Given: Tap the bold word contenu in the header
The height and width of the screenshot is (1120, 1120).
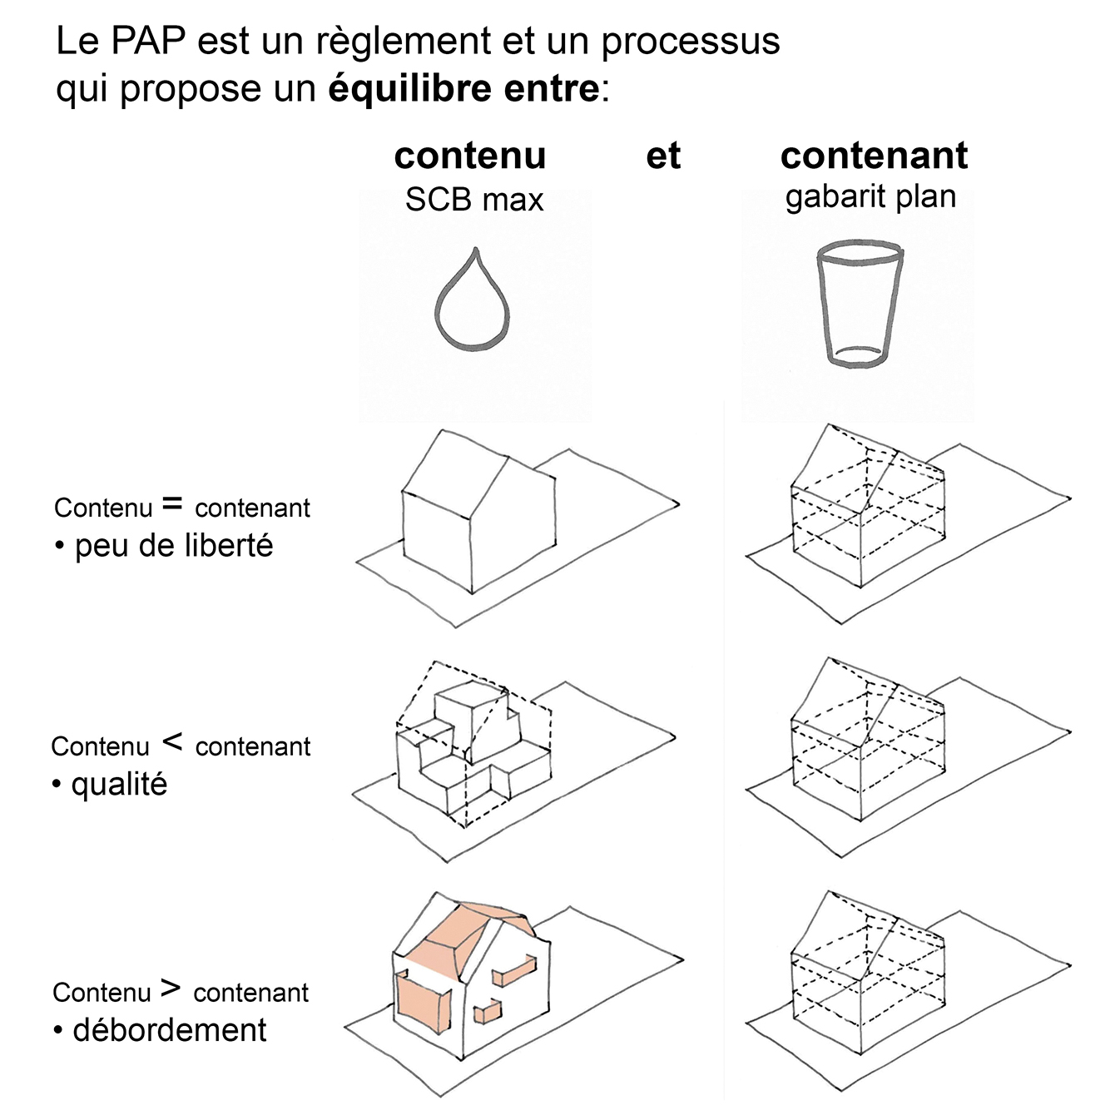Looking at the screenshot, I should pyautogui.click(x=470, y=156).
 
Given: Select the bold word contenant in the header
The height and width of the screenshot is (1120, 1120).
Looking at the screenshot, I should pyautogui.click(x=874, y=156).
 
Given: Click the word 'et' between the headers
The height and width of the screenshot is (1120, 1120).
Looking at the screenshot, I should pyautogui.click(x=663, y=156).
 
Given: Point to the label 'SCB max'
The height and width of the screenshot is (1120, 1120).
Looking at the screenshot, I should pyautogui.click(x=473, y=200).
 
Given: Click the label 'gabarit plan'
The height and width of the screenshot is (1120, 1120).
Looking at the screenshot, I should pyautogui.click(x=870, y=197).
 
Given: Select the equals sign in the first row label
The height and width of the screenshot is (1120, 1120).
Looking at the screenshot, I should pyautogui.click(x=172, y=503).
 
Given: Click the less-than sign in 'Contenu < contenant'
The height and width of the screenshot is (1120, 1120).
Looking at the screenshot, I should pyautogui.click(x=172, y=741).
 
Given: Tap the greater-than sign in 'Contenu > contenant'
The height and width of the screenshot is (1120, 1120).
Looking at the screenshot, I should pyautogui.click(x=171, y=988).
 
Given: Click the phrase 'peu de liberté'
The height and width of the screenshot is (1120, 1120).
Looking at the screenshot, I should pyautogui.click(x=174, y=546).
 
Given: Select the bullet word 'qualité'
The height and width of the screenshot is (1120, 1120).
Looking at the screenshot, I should pyautogui.click(x=119, y=784).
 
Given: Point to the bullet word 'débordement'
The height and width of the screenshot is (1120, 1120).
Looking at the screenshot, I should pyautogui.click(x=170, y=1030).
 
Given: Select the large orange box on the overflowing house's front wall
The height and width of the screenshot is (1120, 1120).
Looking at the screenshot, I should pyautogui.click(x=422, y=1002).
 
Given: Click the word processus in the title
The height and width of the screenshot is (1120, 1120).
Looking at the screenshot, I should pyautogui.click(x=691, y=41).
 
